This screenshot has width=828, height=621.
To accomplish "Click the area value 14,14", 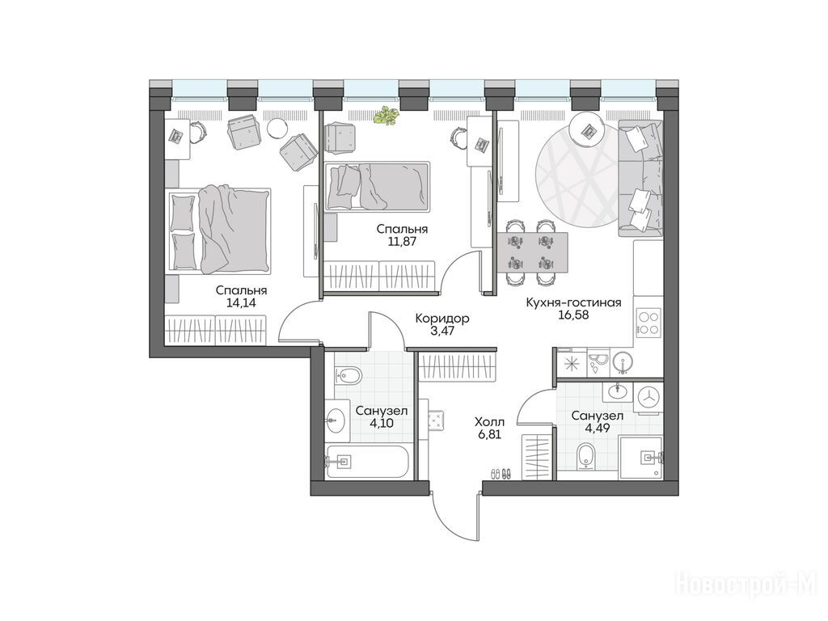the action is click(x=240, y=303).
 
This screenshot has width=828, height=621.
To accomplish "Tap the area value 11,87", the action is click(x=401, y=242).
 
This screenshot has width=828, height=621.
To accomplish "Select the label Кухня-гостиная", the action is click(x=573, y=302).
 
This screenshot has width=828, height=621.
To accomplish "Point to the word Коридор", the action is click(x=442, y=319).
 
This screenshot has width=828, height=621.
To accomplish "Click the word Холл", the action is click(x=489, y=422).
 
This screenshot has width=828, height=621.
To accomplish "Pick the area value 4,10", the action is click(x=382, y=423).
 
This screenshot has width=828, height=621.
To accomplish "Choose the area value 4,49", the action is click(x=598, y=428).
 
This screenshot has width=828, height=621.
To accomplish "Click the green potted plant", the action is click(x=386, y=116).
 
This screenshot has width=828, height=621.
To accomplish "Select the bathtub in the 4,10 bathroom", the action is click(x=368, y=462).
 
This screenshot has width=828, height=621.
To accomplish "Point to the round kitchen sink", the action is click(x=623, y=363).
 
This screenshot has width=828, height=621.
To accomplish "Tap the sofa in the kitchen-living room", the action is click(x=640, y=179).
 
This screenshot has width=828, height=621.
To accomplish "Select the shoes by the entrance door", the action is click(x=501, y=473).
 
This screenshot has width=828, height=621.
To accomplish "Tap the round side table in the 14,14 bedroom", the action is click(x=277, y=127).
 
